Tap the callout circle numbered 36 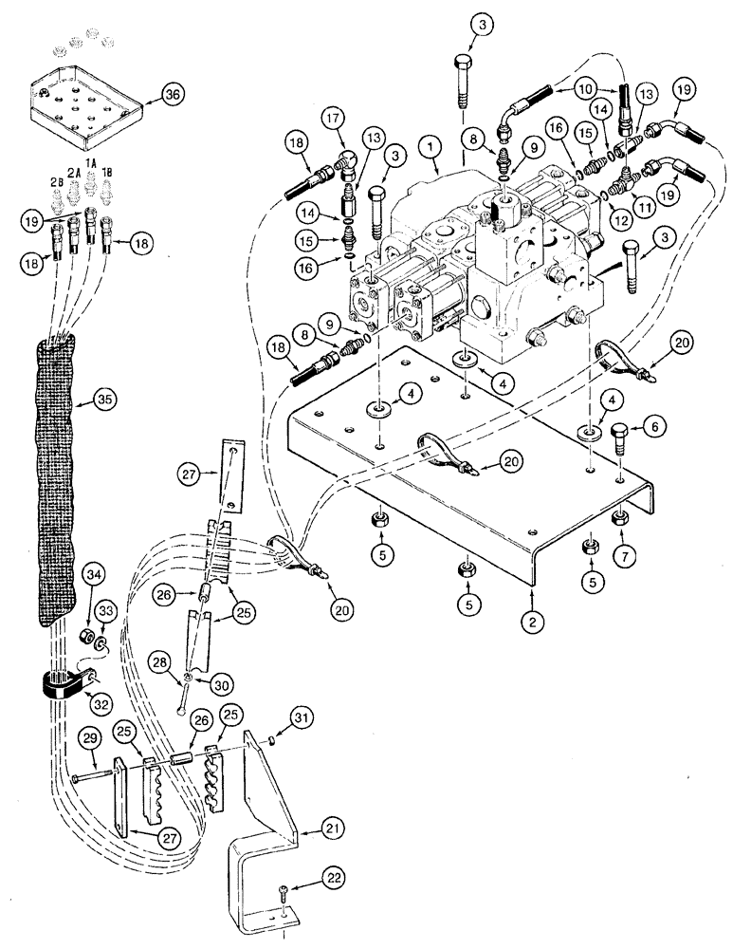click(174, 93)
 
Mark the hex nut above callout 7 click(622, 516)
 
